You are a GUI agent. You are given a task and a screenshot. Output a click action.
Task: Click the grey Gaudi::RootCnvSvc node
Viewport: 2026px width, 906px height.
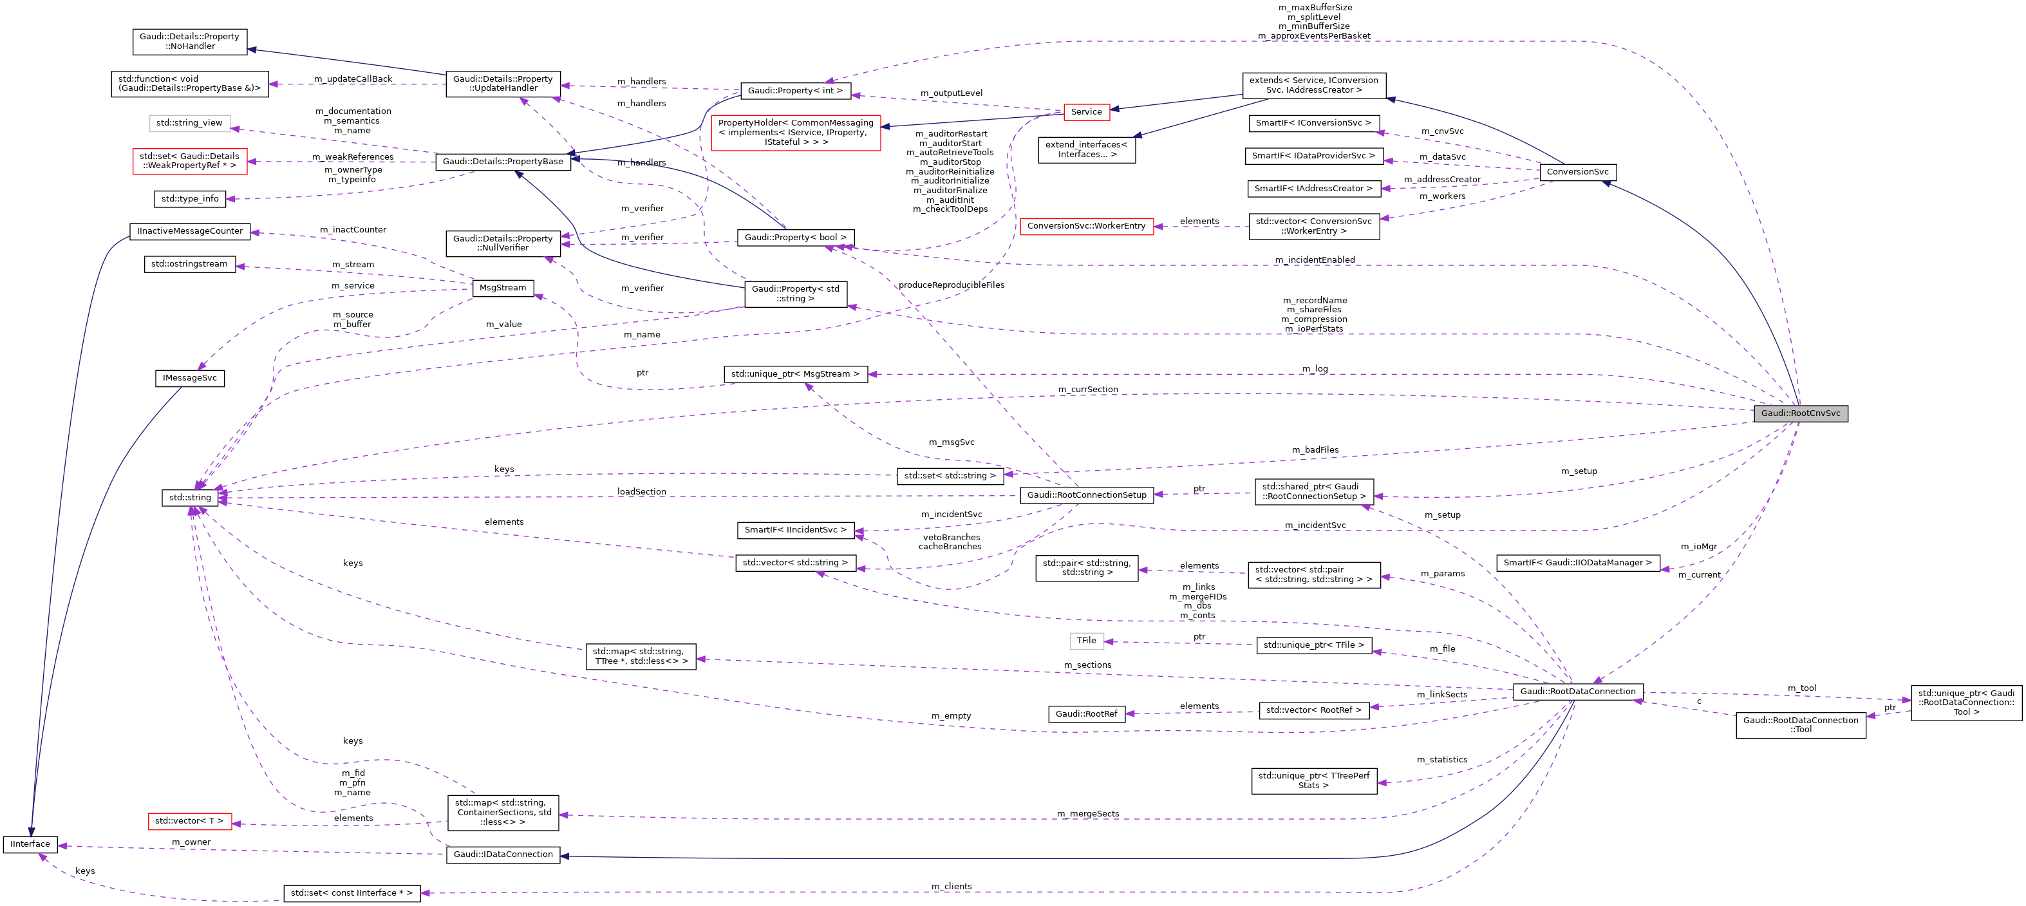[1799, 413]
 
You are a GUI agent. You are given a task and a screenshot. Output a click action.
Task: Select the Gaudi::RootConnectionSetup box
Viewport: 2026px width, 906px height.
[1086, 495]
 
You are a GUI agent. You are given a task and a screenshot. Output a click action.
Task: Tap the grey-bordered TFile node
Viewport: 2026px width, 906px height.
[1086, 641]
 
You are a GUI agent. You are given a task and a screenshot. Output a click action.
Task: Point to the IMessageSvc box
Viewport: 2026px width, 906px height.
[189, 378]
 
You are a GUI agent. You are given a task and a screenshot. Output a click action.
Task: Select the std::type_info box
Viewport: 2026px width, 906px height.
[189, 199]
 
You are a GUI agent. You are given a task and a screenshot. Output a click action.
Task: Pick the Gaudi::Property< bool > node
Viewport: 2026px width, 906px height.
[795, 238]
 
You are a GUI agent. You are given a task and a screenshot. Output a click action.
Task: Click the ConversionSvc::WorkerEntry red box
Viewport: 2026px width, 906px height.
[1085, 227]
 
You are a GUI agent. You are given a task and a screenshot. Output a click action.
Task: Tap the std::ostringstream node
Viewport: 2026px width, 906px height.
[189, 264]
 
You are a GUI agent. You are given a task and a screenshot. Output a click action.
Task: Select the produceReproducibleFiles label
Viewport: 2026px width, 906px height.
[951, 285]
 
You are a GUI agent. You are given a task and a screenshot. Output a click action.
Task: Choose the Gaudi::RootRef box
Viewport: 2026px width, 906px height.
[1085, 714]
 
